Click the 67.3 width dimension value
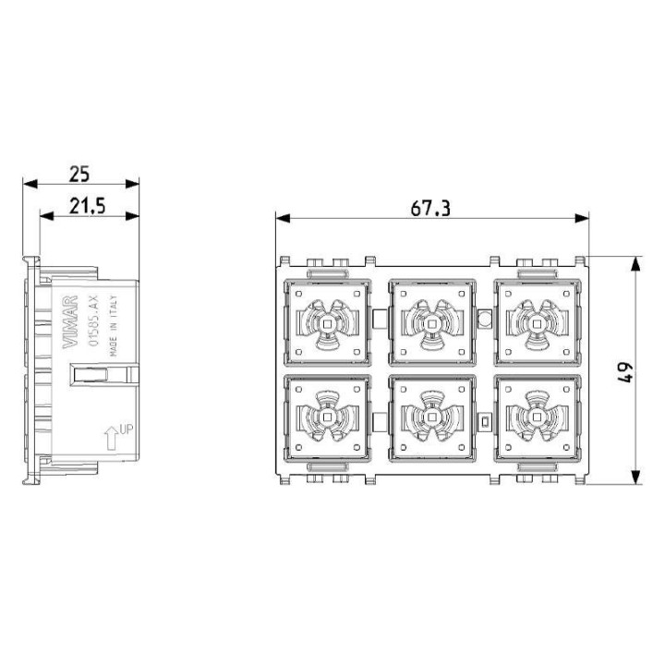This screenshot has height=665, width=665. coord(430,208)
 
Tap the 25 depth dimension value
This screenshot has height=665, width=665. coord(80,172)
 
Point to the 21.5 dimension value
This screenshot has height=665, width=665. coord(87,205)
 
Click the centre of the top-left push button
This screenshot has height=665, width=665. coord(326,323)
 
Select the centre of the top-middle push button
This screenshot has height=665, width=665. coord(430,323)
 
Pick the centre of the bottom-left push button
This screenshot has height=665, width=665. coord(326,417)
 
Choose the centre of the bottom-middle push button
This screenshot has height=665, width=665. coord(430,417)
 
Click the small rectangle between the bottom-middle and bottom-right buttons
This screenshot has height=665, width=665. coord(484,421)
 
